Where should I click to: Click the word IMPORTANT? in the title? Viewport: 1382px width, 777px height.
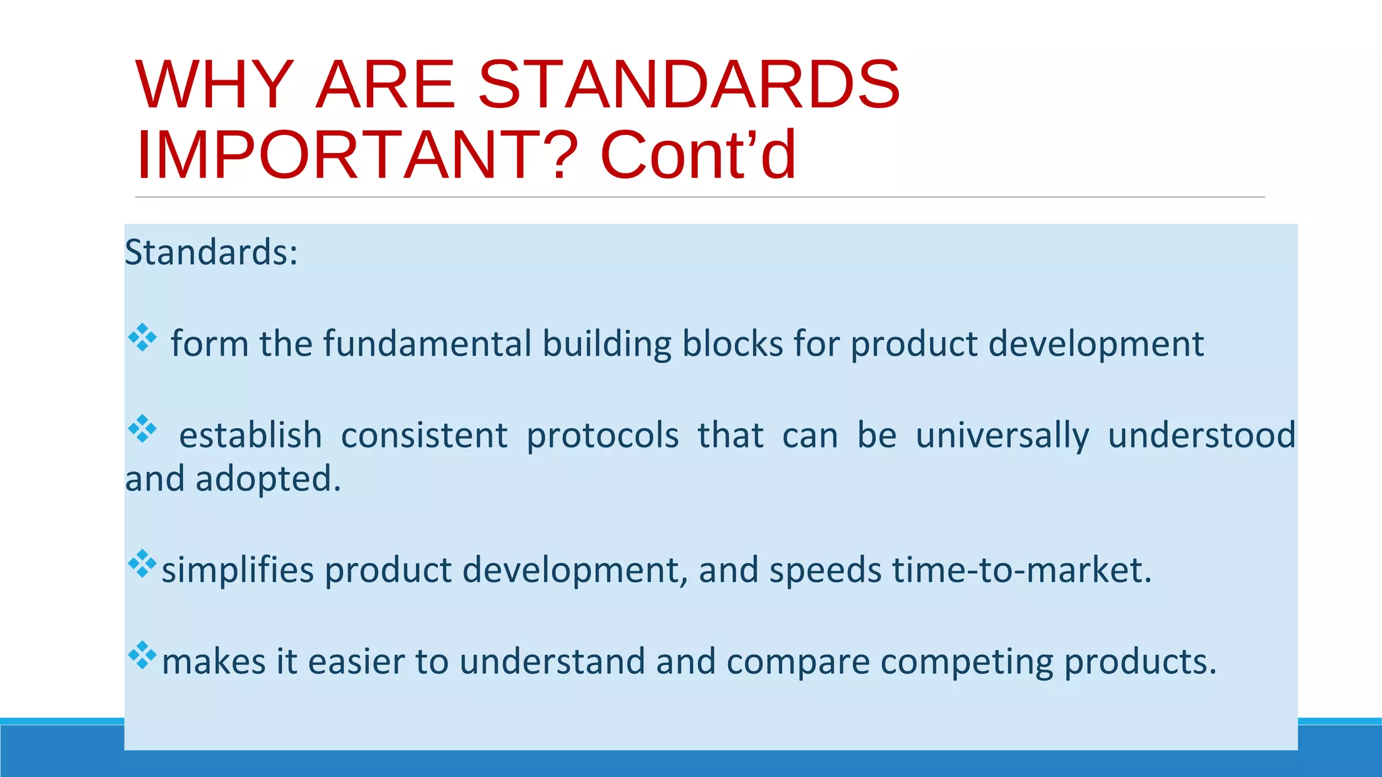(357, 155)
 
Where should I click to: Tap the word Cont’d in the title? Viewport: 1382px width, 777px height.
(698, 155)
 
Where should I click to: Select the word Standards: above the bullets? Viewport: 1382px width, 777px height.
(211, 253)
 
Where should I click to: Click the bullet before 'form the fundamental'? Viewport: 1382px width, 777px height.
(142, 338)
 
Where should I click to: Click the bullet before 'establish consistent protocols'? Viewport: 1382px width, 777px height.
(142, 429)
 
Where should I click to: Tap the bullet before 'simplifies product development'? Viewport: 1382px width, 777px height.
(142, 564)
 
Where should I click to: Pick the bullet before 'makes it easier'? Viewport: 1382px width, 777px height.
(142, 655)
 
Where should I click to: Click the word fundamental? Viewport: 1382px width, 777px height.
(428, 344)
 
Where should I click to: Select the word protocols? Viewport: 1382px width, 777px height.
(603, 436)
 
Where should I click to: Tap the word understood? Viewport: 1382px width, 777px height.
(1201, 436)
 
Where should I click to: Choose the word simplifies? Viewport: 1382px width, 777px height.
(238, 571)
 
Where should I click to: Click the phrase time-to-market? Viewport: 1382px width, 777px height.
(1022, 571)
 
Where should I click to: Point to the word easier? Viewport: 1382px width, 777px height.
(356, 662)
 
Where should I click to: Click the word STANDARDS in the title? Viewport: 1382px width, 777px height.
(689, 85)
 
